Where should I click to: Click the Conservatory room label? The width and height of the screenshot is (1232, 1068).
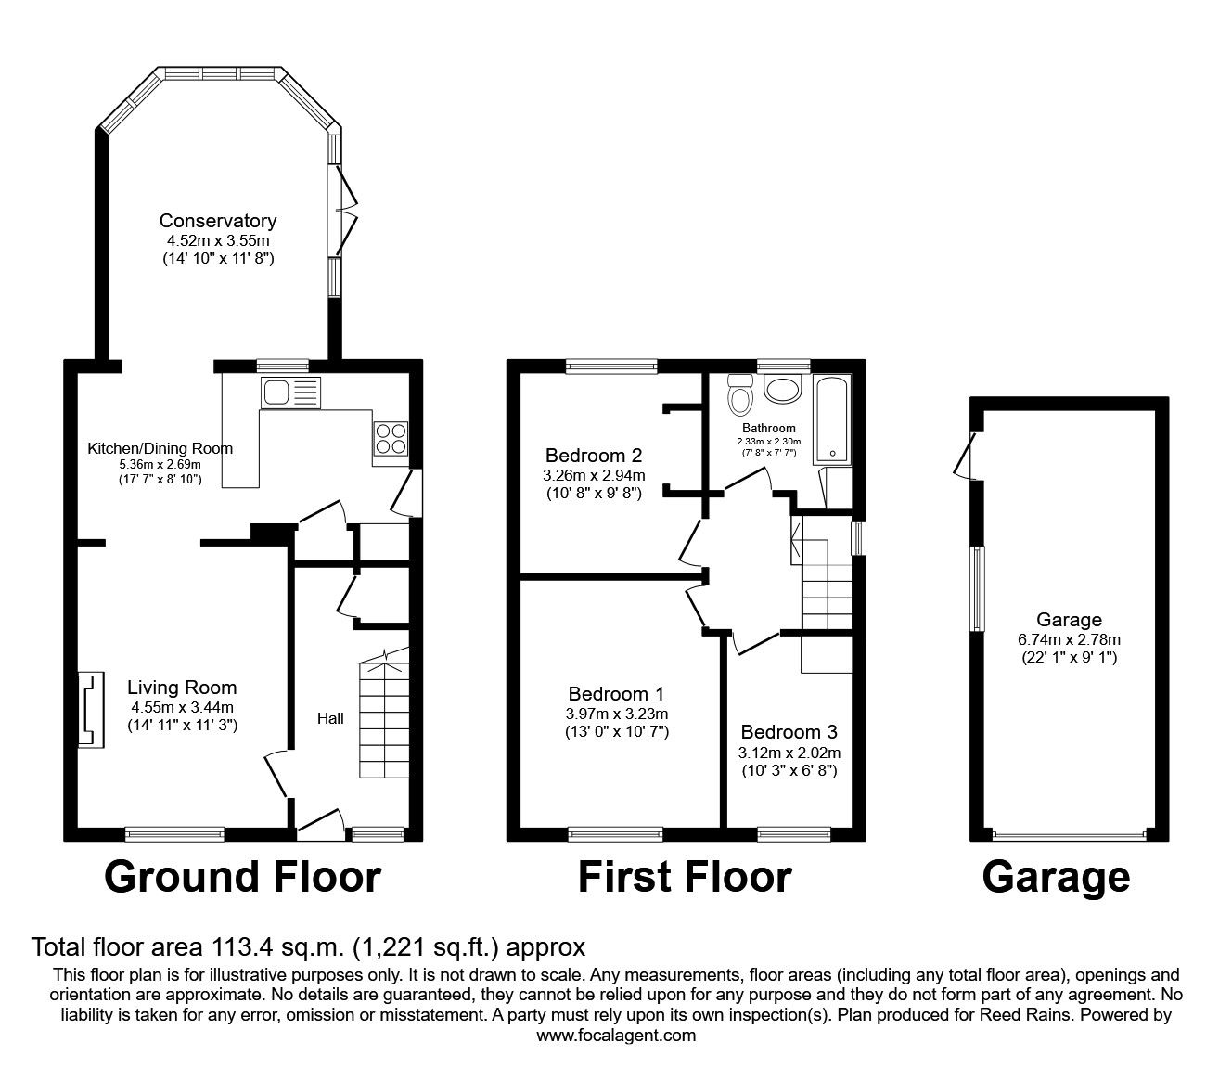(218, 221)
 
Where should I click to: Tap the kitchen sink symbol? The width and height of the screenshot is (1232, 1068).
(289, 392)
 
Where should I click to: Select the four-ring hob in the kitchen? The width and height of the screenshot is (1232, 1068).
(391, 438)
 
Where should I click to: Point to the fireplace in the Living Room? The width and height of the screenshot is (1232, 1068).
(86, 710)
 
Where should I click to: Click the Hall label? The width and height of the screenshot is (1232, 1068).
(330, 718)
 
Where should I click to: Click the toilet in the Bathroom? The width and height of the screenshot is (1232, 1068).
(740, 395)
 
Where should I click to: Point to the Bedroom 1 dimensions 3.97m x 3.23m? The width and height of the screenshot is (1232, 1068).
(618, 714)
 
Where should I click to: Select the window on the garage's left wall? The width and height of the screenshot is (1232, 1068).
(978, 589)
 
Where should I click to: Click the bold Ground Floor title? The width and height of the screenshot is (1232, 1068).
(242, 877)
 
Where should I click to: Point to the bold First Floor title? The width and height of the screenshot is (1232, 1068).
(685, 877)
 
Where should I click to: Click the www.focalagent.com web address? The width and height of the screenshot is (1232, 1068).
(616, 1036)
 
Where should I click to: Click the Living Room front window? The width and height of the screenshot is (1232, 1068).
(175, 834)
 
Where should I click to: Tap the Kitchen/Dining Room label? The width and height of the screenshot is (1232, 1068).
(160, 448)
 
